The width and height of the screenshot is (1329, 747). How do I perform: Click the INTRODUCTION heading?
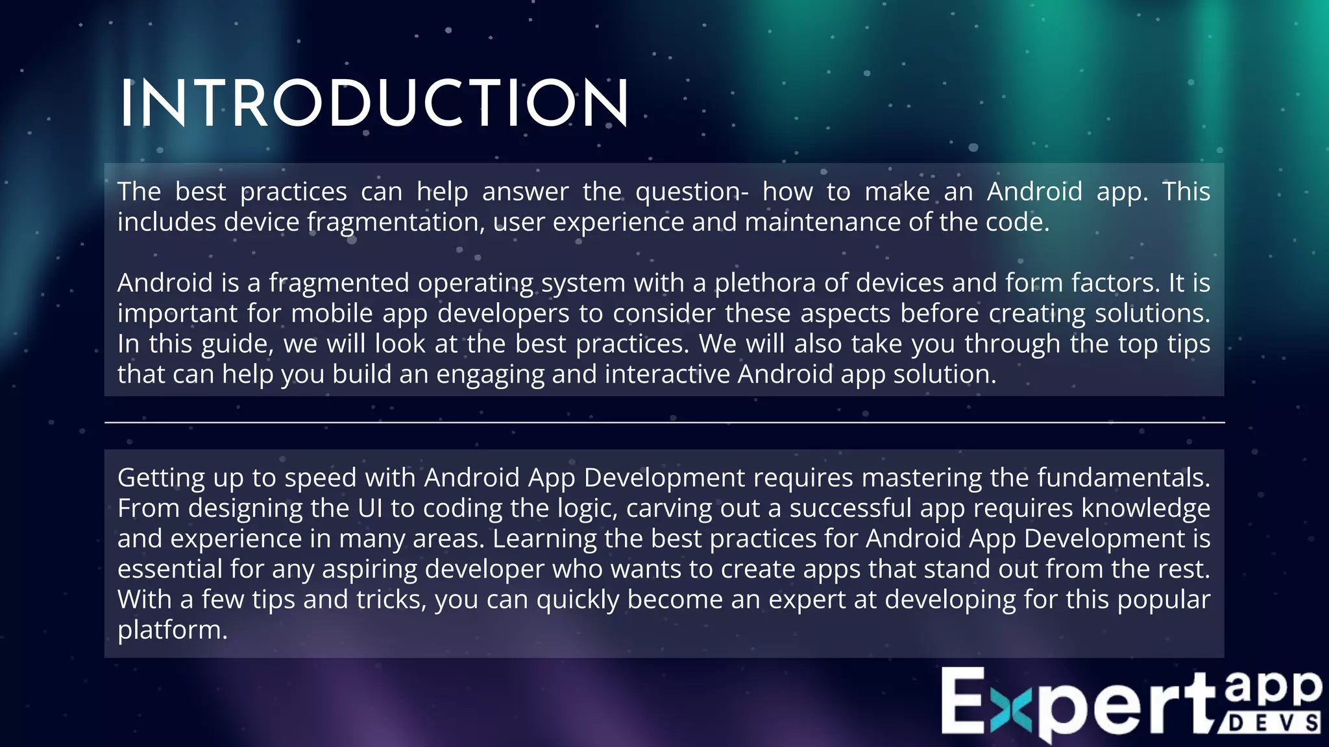tap(374, 104)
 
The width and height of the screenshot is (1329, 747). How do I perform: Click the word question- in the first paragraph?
tap(692, 192)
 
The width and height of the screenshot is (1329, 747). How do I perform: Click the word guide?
tap(238, 344)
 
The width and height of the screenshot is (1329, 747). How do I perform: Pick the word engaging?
tap(490, 375)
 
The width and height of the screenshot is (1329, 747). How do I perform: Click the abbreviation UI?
tap(370, 508)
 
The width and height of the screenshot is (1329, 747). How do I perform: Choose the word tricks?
tap(392, 600)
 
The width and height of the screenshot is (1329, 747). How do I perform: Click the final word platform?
tap(173, 630)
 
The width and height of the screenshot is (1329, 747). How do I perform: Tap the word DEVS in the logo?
tap(1273, 723)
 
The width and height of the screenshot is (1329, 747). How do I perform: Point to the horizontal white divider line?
tap(664, 423)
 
